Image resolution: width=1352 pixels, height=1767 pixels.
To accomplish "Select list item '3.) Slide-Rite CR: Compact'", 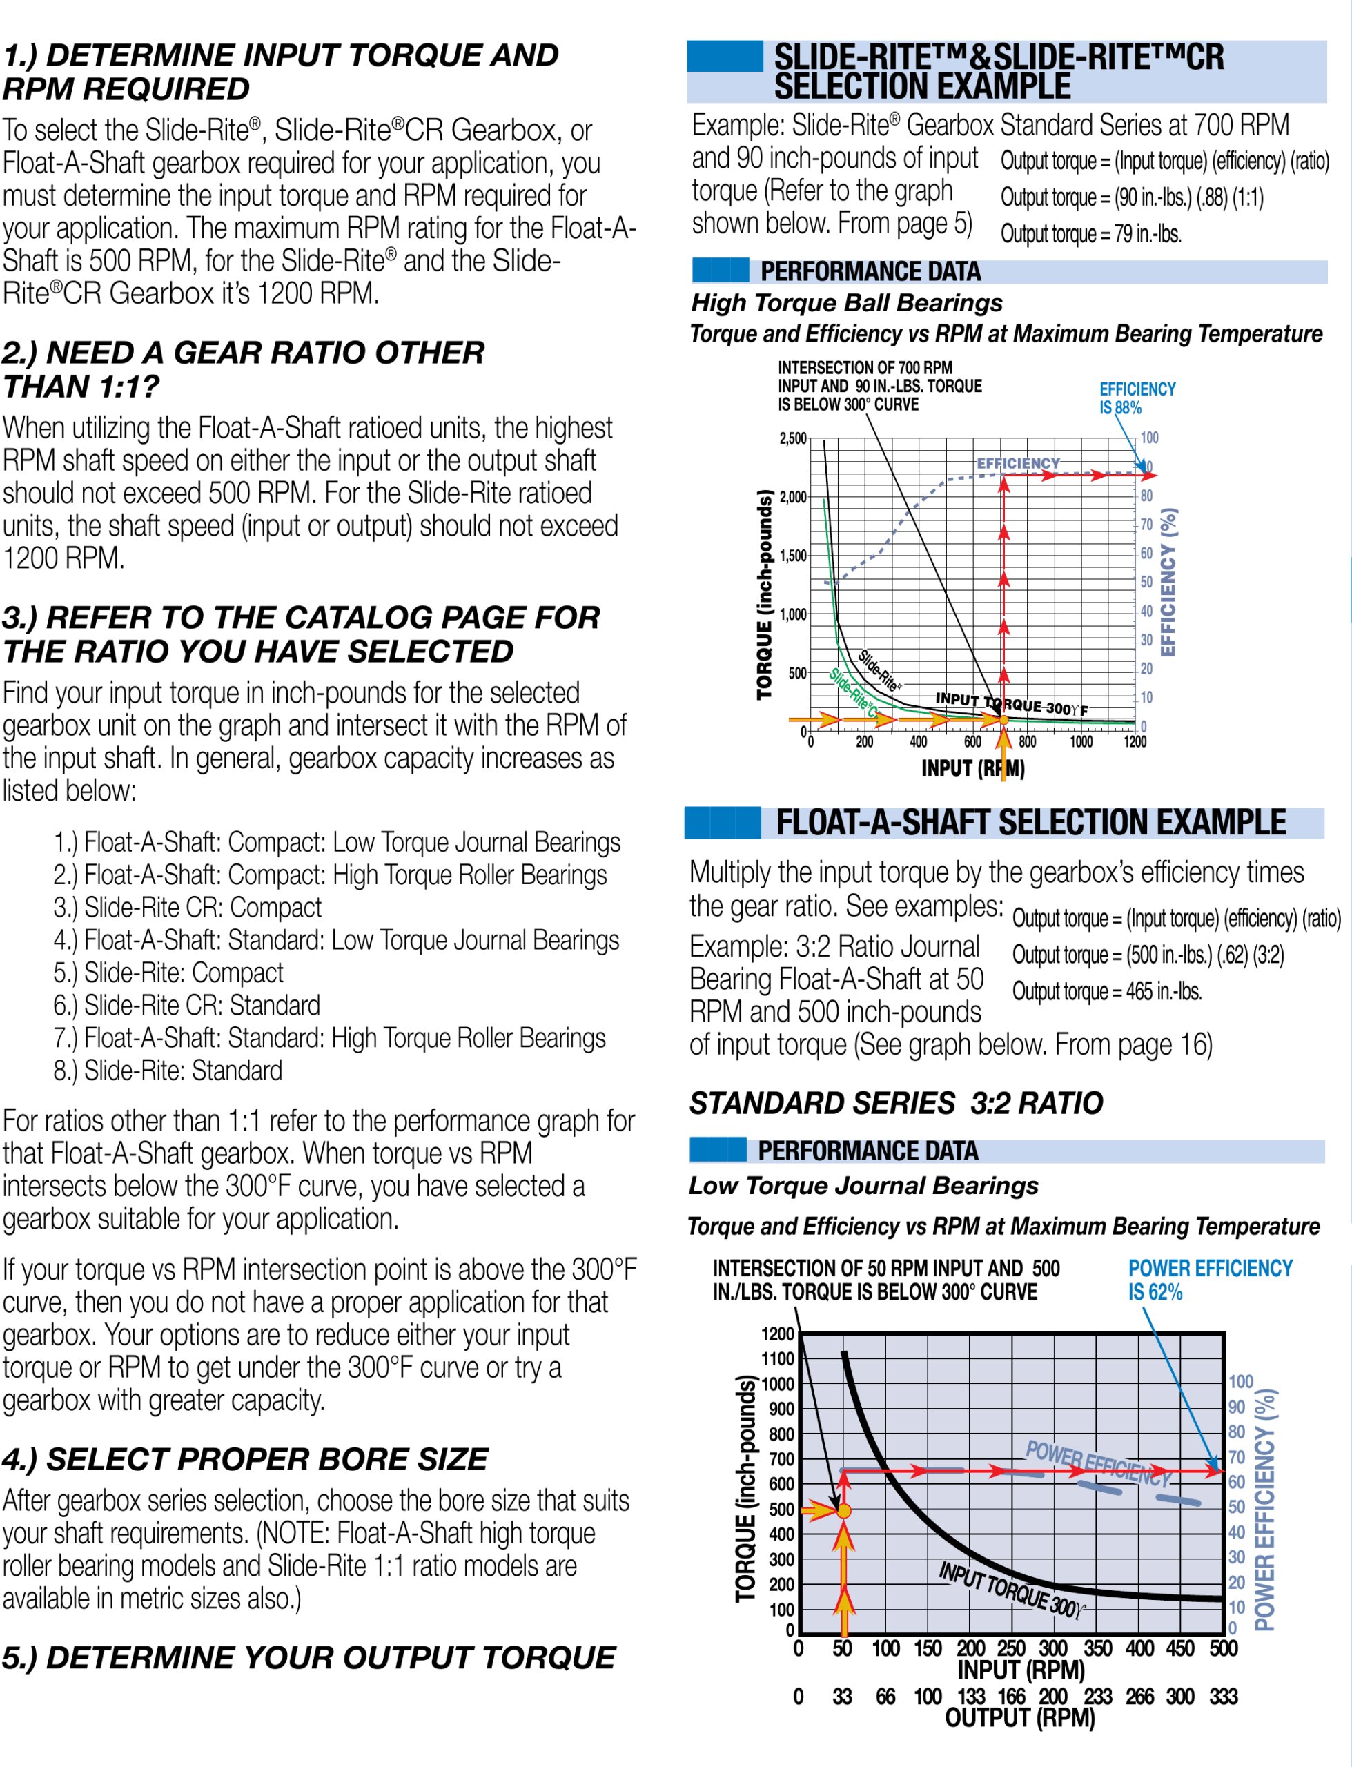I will pyautogui.click(x=188, y=907).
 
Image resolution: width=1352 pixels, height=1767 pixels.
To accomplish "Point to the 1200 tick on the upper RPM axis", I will pyautogui.click(x=1135, y=741).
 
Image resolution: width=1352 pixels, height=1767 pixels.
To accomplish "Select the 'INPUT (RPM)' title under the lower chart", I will pyautogui.click(x=1021, y=1670).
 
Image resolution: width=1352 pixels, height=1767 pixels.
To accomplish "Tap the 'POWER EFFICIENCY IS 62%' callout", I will pyautogui.click(x=1210, y=1280).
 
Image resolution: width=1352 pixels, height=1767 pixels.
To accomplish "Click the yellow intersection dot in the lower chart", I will pyautogui.click(x=843, y=1510).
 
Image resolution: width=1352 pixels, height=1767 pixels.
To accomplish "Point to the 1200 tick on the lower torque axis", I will pyautogui.click(x=777, y=1334).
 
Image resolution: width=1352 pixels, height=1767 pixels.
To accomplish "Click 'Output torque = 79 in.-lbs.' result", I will pyautogui.click(x=1090, y=234).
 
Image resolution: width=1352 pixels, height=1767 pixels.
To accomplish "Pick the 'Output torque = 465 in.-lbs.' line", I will pyautogui.click(x=1106, y=991).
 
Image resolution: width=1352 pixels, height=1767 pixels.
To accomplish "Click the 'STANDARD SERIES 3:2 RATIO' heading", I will pyautogui.click(x=896, y=1102).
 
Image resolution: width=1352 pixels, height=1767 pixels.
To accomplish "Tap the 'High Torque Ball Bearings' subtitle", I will pyautogui.click(x=847, y=302).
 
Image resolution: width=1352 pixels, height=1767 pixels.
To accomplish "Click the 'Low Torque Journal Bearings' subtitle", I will pyautogui.click(x=863, y=1185).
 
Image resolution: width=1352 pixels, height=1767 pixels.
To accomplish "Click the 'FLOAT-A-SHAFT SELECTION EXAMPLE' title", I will pyautogui.click(x=1030, y=822).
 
